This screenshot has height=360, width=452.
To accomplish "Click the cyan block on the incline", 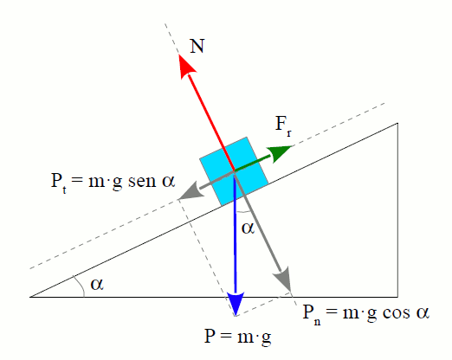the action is [234, 171].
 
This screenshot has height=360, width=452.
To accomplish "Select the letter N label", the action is [197, 46].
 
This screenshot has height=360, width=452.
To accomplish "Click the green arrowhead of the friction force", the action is [278, 153].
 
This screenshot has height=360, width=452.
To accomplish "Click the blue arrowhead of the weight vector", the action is [236, 304].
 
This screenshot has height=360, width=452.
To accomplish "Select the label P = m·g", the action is [238, 337].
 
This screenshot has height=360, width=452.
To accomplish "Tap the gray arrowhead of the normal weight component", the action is [282, 279].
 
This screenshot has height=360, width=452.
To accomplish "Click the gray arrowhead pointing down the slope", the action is [190, 190].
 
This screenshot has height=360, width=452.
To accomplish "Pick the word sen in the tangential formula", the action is [142, 182].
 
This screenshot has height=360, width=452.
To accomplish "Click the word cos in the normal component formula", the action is [396, 313].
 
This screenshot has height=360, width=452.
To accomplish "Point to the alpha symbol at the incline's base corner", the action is [97, 284].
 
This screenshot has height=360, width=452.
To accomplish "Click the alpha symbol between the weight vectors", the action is [248, 228].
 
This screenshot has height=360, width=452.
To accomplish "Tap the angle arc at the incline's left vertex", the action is [81, 285].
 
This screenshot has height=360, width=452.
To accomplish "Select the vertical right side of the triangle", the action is [397, 210].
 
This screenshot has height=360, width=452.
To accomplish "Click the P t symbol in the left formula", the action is [59, 183].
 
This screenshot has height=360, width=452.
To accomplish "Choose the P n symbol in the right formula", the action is [312, 315].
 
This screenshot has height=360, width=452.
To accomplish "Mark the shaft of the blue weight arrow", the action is [235, 234].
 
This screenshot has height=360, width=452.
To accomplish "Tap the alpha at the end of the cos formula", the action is [423, 313].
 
